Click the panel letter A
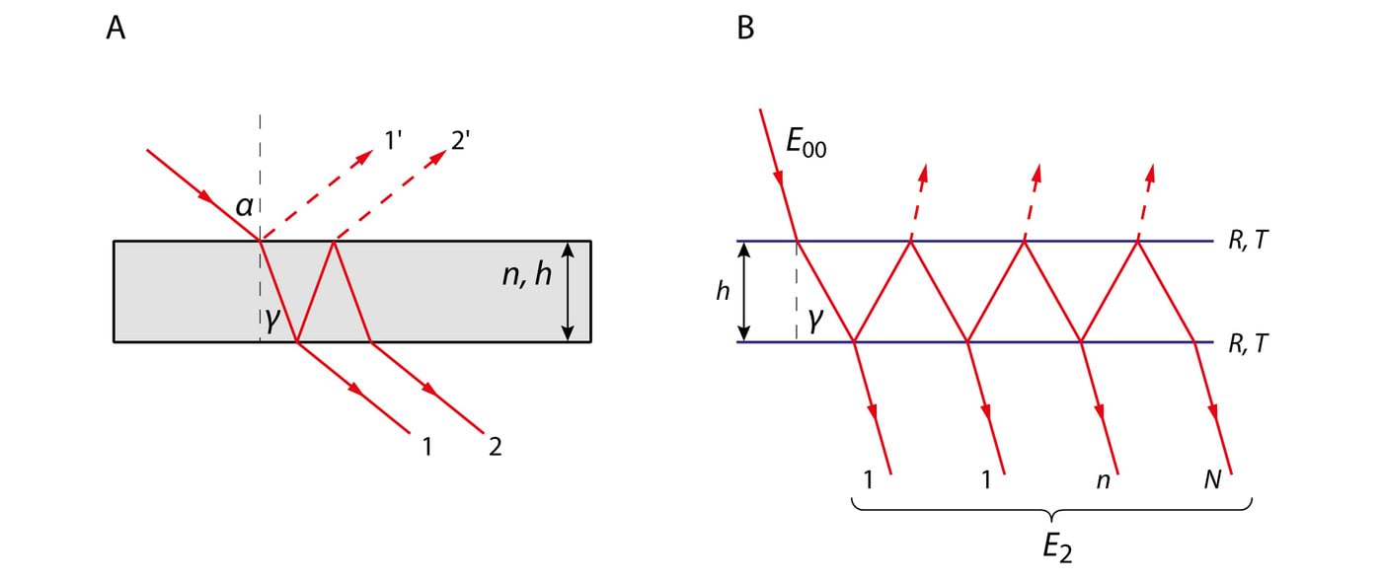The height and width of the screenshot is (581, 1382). (115, 30)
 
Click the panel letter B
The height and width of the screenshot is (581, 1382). (745, 30)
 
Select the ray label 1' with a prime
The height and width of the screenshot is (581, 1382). (393, 141)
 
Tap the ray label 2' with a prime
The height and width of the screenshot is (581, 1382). (461, 141)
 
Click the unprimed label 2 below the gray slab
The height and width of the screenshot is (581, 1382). (495, 447)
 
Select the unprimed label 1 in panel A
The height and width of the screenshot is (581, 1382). (426, 447)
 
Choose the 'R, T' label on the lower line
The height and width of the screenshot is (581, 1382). (1246, 343)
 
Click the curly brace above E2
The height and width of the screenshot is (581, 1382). (1052, 511)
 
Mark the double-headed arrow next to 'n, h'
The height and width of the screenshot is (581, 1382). (568, 291)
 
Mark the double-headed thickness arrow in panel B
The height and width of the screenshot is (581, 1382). (745, 291)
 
